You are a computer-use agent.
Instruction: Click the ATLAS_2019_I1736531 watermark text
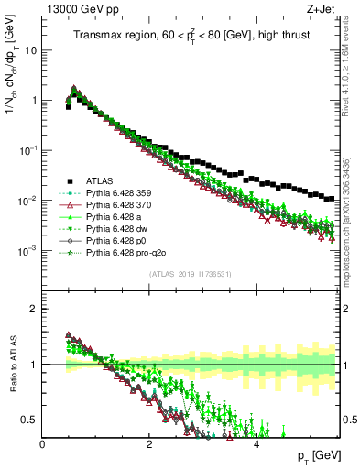pyautogui.click(x=191, y=274)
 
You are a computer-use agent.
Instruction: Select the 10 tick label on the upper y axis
pyautogui.click(x=30, y=50)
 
